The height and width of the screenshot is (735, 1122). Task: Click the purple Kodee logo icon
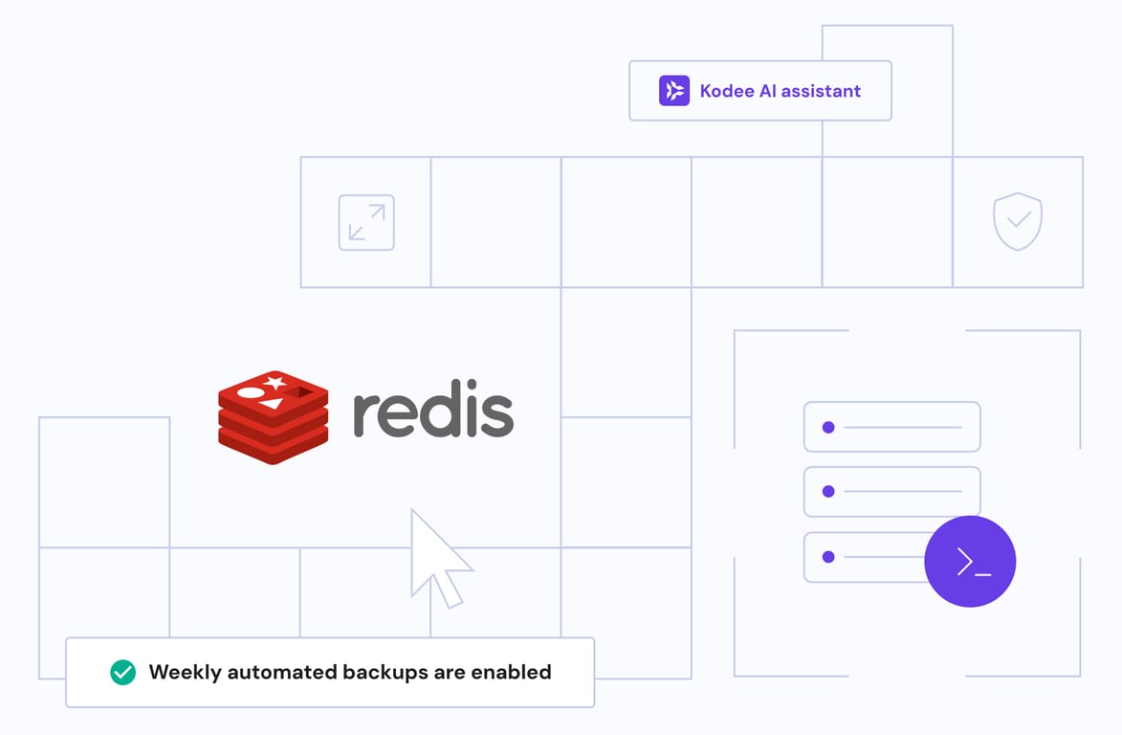pyautogui.click(x=674, y=91)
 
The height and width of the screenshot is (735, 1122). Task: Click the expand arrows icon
pyautogui.click(x=366, y=223)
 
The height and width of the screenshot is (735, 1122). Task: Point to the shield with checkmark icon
pyautogui.click(x=1018, y=221)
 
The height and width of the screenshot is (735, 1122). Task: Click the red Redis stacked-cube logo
pyautogui.click(x=274, y=417)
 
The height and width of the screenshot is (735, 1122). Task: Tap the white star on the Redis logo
pyautogui.click(x=275, y=383)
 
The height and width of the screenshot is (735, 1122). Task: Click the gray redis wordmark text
pyautogui.click(x=433, y=414)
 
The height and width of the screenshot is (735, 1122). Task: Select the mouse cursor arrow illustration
pyautogui.click(x=436, y=559)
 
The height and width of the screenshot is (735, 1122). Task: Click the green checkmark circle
pyautogui.click(x=122, y=673)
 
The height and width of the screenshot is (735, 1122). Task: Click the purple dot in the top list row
pyautogui.click(x=828, y=427)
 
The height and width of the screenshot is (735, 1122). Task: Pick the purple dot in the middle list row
pyautogui.click(x=828, y=492)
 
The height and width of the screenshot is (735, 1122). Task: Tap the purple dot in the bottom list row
pyautogui.click(x=828, y=557)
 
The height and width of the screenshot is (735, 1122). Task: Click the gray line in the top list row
pyautogui.click(x=903, y=427)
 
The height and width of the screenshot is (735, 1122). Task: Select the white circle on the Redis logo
pyautogui.click(x=251, y=392)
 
